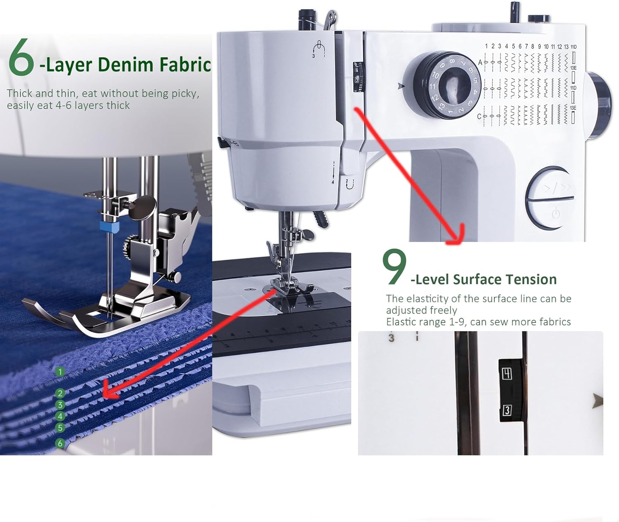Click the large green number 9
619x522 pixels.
click(x=394, y=267)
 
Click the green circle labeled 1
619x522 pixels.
click(x=60, y=372)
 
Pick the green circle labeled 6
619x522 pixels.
click(x=60, y=443)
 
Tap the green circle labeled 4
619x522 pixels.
click(x=60, y=417)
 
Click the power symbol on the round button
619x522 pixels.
click(x=556, y=213)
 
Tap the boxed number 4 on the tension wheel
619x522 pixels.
click(x=507, y=374)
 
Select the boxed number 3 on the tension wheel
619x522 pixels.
click(x=507, y=410)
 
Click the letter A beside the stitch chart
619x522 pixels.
click(x=480, y=62)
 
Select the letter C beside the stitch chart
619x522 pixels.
click(x=480, y=117)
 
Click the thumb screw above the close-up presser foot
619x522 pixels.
click(x=142, y=206)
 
